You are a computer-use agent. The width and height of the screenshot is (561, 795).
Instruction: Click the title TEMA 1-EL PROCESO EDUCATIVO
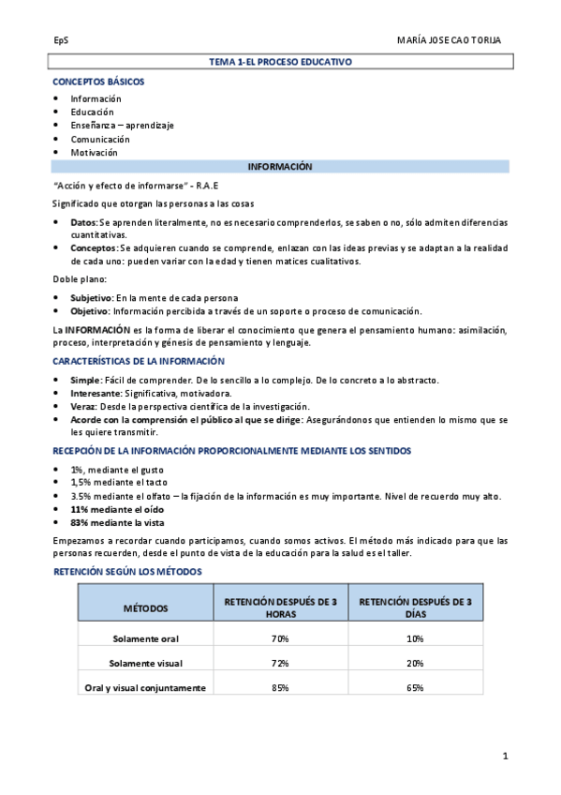280,61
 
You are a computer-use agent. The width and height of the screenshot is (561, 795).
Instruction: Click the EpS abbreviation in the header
61,41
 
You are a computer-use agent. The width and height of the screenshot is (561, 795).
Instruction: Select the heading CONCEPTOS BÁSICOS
98,82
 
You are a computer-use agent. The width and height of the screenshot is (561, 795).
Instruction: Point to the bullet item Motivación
94,152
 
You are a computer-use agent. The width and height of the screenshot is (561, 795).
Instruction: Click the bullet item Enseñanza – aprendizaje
122,125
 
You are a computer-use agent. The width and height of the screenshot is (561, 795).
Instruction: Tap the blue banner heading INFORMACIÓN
280,166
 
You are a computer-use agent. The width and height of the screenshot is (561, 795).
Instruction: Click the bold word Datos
83,222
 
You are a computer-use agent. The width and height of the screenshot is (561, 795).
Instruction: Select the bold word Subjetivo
89,297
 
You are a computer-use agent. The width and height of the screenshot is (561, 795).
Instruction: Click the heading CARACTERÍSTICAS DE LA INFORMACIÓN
139,361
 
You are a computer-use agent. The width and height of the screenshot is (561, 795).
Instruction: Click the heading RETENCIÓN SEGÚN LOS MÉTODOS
126,571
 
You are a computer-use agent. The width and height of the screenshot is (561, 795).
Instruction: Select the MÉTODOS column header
145,608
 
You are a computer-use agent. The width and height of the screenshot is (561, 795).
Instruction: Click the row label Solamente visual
145,663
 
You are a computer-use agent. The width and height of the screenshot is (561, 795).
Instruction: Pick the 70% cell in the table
280,638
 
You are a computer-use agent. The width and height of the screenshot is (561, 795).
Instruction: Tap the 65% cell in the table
416,688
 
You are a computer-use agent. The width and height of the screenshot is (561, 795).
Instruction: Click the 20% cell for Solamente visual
416,663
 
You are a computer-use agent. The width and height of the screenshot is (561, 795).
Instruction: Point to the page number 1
505,756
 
